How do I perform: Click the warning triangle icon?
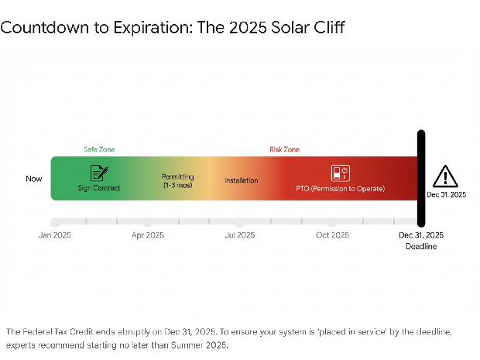(445, 177)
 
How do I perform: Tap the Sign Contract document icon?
(99, 173)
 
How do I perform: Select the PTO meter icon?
(341, 173)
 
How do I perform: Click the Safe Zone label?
(99, 149)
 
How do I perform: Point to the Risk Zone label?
(284, 149)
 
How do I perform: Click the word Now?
(34, 179)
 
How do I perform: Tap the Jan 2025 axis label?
(55, 235)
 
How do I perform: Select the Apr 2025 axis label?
(148, 235)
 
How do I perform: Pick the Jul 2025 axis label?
(240, 235)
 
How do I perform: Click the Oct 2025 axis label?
(333, 235)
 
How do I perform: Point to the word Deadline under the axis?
(421, 246)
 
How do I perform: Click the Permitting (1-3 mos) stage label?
(177, 181)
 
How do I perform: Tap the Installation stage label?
(242, 180)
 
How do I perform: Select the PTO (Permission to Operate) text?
(341, 188)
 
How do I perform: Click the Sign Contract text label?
(99, 187)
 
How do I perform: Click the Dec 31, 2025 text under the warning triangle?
(447, 195)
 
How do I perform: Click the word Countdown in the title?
(39, 28)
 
